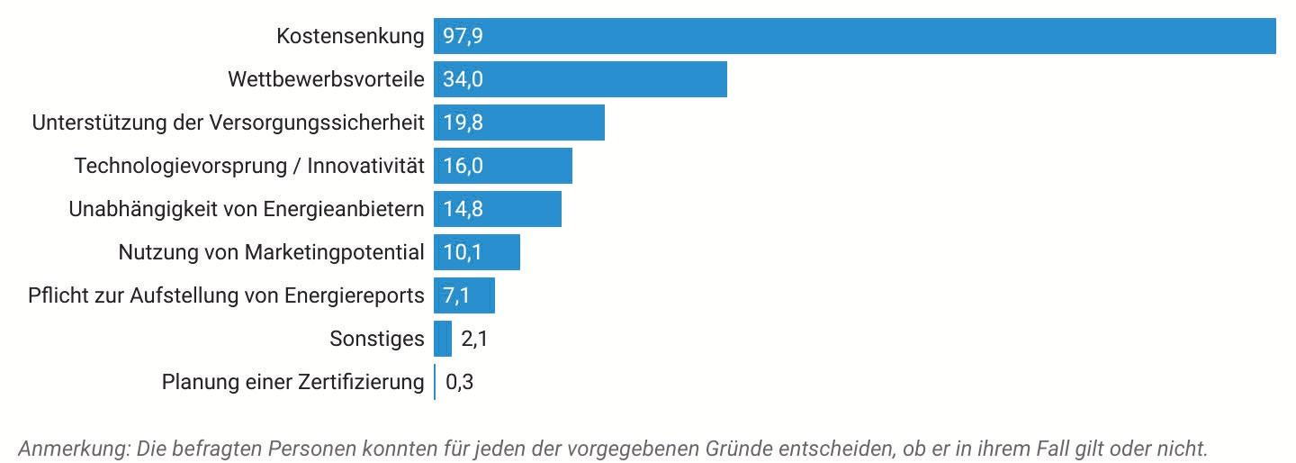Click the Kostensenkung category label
pyautogui.click(x=350, y=36)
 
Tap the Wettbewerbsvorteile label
pyautogui.click(x=326, y=79)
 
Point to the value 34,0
pyautogui.click(x=463, y=79)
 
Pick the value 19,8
pyautogui.click(x=463, y=123)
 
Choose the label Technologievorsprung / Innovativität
pyautogui.click(x=249, y=166)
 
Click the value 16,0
pyautogui.click(x=463, y=166)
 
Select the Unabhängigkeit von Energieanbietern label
pyautogui.click(x=247, y=209)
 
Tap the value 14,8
pyautogui.click(x=463, y=209)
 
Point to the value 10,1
pyautogui.click(x=463, y=252)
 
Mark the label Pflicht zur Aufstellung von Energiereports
pyautogui.click(x=226, y=295)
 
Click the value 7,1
pyautogui.click(x=457, y=295)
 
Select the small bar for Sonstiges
pyautogui.click(x=443, y=339)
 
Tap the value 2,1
pyautogui.click(x=474, y=339)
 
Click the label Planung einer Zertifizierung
pyautogui.click(x=292, y=382)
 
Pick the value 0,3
pyautogui.click(x=460, y=382)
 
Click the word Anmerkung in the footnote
pyautogui.click(x=73, y=448)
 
